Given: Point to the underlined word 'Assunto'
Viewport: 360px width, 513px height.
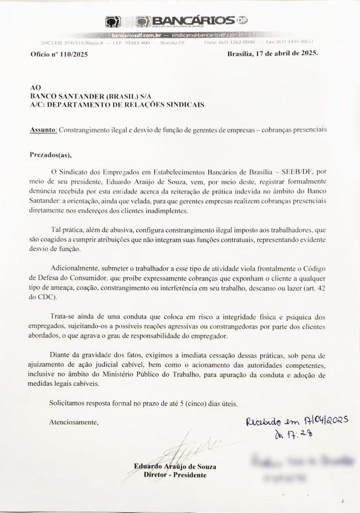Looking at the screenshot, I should coord(43,129).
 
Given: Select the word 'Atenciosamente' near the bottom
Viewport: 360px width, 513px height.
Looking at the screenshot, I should coord(74,422).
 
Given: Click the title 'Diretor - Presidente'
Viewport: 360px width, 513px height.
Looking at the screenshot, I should coord(174,474).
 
